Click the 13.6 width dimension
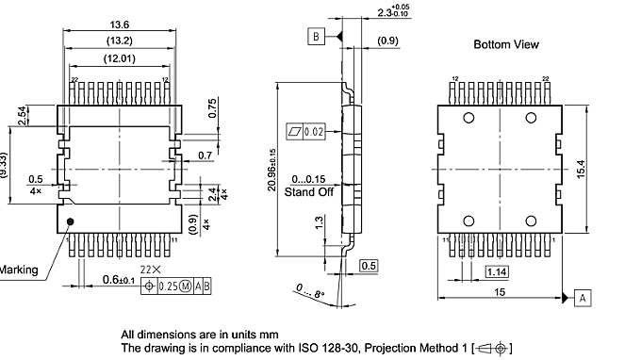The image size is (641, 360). click(119, 23)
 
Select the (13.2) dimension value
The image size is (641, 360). click(119, 41)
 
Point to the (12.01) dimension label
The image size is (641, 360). click(119, 59)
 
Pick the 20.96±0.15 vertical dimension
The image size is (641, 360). click(273, 171)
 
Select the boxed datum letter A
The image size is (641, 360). click(583, 298)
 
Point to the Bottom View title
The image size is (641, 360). click(505, 44)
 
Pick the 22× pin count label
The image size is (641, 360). click(150, 270)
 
